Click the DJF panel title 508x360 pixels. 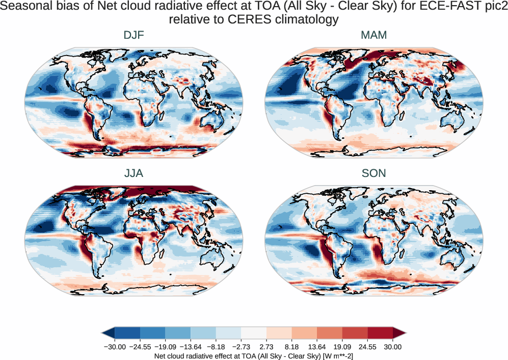[x=133, y=35]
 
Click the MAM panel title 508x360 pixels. [x=373, y=35]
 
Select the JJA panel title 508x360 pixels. [x=133, y=173]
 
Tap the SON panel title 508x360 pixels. [x=373, y=173]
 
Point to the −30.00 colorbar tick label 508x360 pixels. [x=115, y=347]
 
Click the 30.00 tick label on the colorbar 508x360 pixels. [x=393, y=347]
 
